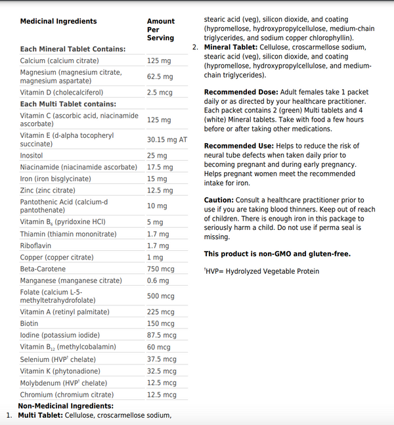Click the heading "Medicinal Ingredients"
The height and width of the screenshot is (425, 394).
pyautogui.click(x=58, y=22)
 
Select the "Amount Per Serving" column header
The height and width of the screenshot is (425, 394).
pyautogui.click(x=160, y=30)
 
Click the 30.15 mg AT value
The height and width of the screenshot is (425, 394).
pyautogui.click(x=167, y=139)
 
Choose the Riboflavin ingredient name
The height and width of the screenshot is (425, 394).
pyautogui.click(x=36, y=246)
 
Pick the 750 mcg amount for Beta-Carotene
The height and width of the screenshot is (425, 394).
pyautogui.click(x=160, y=269)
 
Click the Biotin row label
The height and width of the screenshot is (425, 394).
pyautogui.click(x=29, y=323)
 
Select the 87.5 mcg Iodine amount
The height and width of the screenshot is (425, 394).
pyautogui.click(x=162, y=335)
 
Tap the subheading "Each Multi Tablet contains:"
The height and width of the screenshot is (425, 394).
pyautogui.click(x=68, y=104)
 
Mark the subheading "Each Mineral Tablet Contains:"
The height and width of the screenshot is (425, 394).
pyautogui.click(x=72, y=49)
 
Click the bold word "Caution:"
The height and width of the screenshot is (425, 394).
pyautogui.click(x=219, y=200)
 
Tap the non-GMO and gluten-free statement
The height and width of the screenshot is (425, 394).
pyautogui.click(x=277, y=254)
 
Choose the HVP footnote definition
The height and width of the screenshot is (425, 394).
pyautogui.click(x=261, y=271)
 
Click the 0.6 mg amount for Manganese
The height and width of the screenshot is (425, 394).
pyautogui.click(x=158, y=281)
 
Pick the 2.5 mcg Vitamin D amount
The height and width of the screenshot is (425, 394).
pyautogui.click(x=160, y=93)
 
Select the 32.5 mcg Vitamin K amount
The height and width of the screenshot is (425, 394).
pyautogui.click(x=162, y=370)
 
